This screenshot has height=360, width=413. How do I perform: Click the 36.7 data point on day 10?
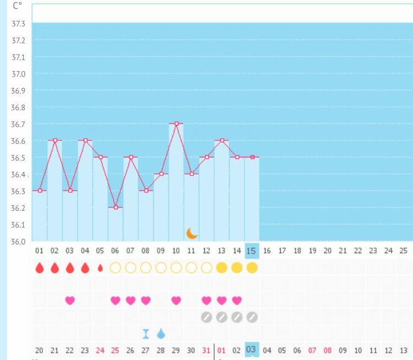click(x=176, y=124)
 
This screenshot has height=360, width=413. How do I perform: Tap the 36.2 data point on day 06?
click(x=116, y=208)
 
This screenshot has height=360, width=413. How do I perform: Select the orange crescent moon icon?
click(x=192, y=233)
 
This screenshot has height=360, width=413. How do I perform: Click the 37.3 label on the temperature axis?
click(x=19, y=24)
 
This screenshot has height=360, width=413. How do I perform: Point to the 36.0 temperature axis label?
click(x=19, y=242)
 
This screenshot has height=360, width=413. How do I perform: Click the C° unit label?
click(x=18, y=6)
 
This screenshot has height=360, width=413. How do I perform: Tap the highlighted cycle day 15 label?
click(x=252, y=250)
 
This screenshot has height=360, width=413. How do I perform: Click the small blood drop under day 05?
click(x=100, y=268)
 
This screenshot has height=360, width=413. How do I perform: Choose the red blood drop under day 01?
click(x=40, y=268)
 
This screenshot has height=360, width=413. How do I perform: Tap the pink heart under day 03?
click(x=70, y=301)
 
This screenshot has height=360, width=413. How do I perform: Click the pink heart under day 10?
click(x=176, y=301)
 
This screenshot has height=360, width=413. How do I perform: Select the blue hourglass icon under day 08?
click(x=146, y=334)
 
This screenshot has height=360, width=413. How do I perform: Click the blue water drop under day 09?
click(x=161, y=334)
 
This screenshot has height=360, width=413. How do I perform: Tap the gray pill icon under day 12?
click(x=206, y=317)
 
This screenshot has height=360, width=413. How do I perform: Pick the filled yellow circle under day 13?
click(x=221, y=268)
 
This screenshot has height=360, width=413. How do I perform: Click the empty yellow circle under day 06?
click(x=116, y=268)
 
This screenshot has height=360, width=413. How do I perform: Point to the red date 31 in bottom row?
click(x=206, y=350)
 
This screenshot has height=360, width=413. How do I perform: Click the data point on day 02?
click(x=55, y=140)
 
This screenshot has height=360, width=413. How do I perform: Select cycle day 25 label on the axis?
click(x=403, y=251)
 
